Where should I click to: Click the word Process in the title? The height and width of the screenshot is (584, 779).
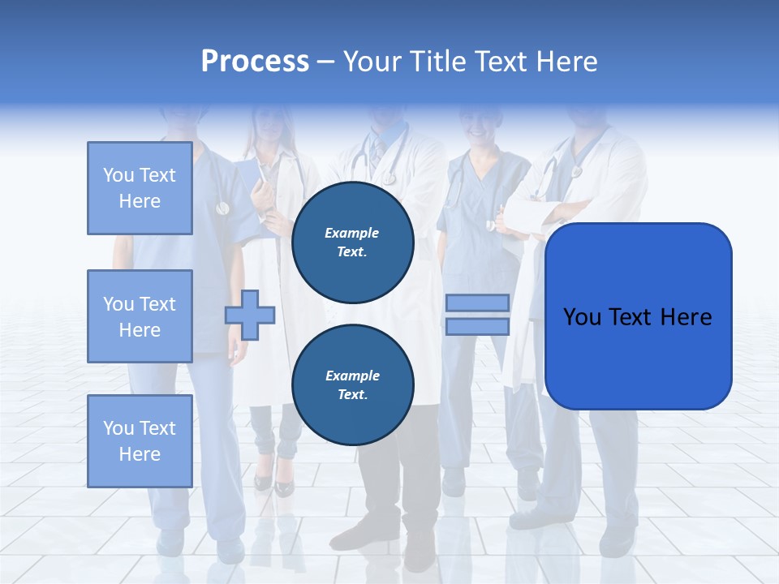tap(255, 62)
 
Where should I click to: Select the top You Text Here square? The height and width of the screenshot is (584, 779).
tap(140, 188)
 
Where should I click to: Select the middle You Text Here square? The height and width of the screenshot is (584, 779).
tap(140, 316)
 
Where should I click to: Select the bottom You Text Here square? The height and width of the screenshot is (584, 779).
tap(140, 441)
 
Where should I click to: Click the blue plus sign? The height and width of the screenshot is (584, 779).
tap(249, 315)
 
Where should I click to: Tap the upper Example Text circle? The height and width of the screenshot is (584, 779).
tap(352, 242)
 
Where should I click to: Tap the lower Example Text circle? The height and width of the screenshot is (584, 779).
tap(352, 384)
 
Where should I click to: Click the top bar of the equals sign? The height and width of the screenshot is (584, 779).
tap(477, 303)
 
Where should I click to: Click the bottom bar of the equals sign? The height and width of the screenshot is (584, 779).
tap(477, 326)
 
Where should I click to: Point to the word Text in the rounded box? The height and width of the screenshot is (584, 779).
tap(631, 317)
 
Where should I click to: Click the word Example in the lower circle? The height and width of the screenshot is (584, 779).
tap(352, 376)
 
